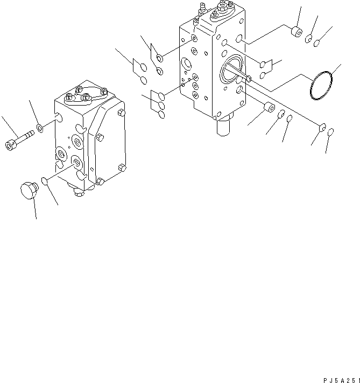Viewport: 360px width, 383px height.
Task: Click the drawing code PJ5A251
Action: pyautogui.click(x=338, y=379)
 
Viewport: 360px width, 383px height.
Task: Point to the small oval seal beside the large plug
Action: pyautogui.click(x=46, y=182)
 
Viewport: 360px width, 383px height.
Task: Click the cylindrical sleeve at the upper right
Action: pyautogui.click(x=295, y=32)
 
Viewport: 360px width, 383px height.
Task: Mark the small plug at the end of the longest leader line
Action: pyautogui.click(x=322, y=128)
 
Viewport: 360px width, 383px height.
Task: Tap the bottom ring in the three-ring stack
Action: pyautogui.click(x=160, y=114)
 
